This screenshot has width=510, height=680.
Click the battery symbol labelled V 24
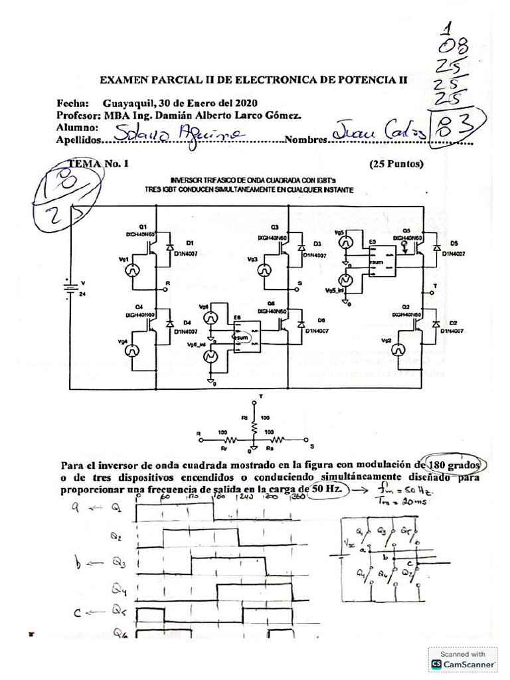tap(69, 286)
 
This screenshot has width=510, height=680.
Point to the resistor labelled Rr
tap(228, 440)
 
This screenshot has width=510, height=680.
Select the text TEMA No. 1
tap(98, 163)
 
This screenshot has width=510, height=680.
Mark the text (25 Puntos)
tap(396, 163)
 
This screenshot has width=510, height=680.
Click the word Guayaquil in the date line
tap(127, 104)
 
